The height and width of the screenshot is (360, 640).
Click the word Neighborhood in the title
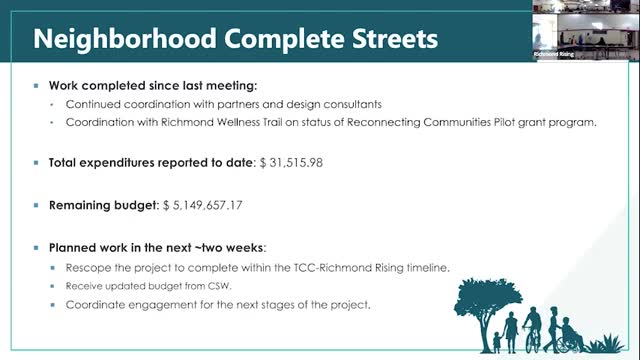(x=124, y=40)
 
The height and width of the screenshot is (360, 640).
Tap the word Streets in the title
(x=395, y=39)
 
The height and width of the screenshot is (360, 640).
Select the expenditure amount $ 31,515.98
(x=291, y=162)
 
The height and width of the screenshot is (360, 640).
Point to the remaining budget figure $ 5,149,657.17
(x=202, y=205)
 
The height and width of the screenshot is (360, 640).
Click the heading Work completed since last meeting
(x=153, y=86)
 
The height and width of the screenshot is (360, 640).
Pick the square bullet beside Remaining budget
(x=36, y=205)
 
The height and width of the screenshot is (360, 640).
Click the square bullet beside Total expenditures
(x=36, y=162)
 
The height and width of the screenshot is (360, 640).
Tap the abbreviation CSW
(x=219, y=286)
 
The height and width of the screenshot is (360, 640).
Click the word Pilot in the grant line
(x=504, y=122)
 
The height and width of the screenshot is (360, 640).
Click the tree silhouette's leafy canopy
(x=487, y=296)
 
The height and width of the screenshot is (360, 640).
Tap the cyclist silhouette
(x=533, y=330)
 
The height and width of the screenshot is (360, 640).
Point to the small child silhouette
(x=497, y=342)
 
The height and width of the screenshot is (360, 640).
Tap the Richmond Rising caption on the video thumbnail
(x=553, y=54)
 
